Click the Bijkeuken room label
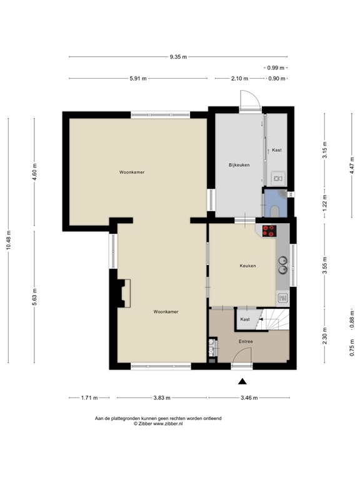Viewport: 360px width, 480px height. point(239,165)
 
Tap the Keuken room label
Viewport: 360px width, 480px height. point(248,266)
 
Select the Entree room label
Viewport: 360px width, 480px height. point(246,342)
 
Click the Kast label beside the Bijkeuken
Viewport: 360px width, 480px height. point(277,151)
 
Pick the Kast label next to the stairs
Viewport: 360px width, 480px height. point(245,319)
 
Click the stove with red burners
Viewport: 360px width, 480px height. point(269,231)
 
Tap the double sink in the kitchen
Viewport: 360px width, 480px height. point(283,265)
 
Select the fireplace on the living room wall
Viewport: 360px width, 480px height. point(123,292)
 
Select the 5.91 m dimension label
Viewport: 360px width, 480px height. point(138,79)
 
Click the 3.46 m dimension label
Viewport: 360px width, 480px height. point(249,398)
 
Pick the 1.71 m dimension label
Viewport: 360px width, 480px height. point(90,398)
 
